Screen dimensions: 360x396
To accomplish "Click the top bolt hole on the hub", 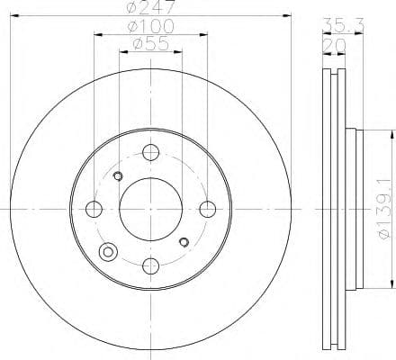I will pyautogui.click(x=150, y=154).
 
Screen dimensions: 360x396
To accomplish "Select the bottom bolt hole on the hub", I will pyautogui.click(x=150, y=265).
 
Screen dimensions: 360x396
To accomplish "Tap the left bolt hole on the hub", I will pyautogui.click(x=94, y=210).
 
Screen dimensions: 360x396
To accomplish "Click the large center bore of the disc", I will pyautogui.click(x=150, y=210).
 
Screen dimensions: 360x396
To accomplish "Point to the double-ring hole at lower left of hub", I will pyautogui.click(x=109, y=253).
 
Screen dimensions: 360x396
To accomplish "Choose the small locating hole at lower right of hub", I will pyautogui.click(x=184, y=242).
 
